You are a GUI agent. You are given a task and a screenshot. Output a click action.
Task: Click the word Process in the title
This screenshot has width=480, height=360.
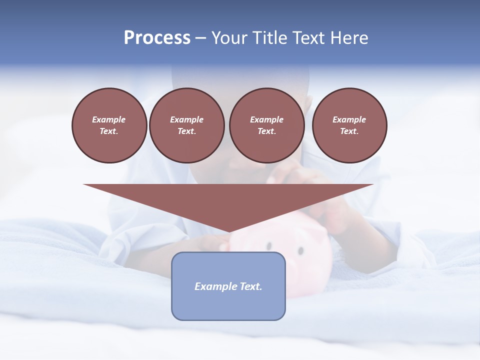click(x=157, y=38)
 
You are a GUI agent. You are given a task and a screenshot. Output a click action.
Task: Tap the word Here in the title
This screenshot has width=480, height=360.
click(x=349, y=38)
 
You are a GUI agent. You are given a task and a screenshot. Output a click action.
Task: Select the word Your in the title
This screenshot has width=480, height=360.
click(x=230, y=38)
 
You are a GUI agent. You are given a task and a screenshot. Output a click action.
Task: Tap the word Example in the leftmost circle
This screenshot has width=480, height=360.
click(x=109, y=119)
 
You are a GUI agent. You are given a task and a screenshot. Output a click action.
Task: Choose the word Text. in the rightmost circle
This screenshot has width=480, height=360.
click(x=349, y=131)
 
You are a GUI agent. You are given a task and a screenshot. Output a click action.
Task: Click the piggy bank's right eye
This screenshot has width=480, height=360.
click(x=301, y=250)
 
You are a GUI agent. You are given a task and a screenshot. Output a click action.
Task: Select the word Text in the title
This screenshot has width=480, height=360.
click(x=308, y=38)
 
